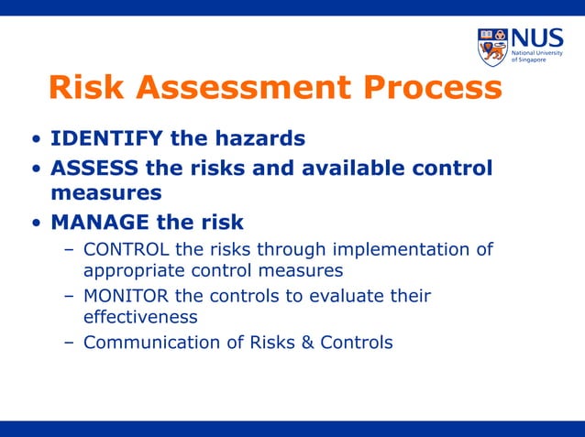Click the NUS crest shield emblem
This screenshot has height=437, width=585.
[492, 47]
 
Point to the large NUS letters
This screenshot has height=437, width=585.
[535, 38]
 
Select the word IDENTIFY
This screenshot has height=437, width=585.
[105, 139]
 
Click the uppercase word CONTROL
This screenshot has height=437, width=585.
[125, 250]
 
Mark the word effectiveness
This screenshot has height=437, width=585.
[140, 317]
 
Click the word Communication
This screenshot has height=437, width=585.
[147, 343]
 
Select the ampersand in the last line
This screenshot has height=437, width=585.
[310, 343]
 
